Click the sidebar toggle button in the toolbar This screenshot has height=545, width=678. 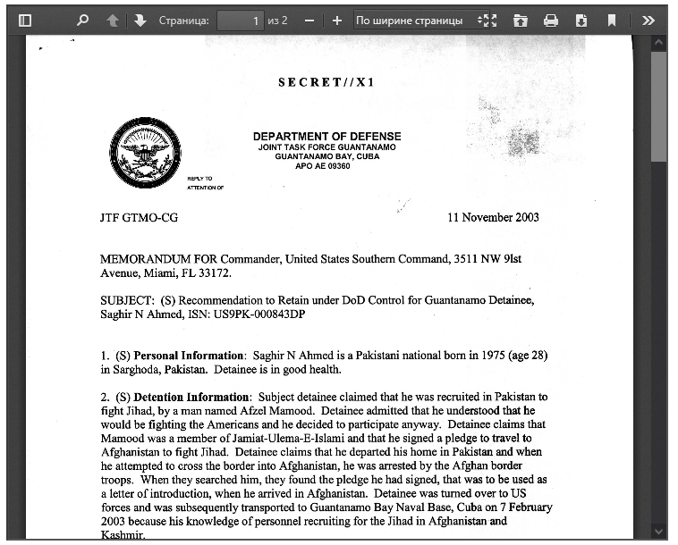[25, 20]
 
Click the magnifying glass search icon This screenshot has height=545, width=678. [83, 20]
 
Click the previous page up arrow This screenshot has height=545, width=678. [113, 20]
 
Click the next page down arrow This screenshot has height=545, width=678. [140, 20]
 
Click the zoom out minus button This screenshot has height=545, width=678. [309, 20]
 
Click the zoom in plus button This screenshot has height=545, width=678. [336, 20]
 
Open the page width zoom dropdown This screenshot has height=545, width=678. [416, 20]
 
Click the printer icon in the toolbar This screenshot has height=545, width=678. [551, 20]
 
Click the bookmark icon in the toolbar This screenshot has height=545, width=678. [612, 20]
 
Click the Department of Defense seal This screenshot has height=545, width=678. [144, 154]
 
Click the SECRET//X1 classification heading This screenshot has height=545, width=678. [326, 82]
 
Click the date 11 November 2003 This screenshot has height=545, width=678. [493, 217]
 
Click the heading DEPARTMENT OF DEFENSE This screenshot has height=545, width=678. [326, 137]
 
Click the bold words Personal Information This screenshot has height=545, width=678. [188, 355]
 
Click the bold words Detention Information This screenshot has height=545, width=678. [191, 397]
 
